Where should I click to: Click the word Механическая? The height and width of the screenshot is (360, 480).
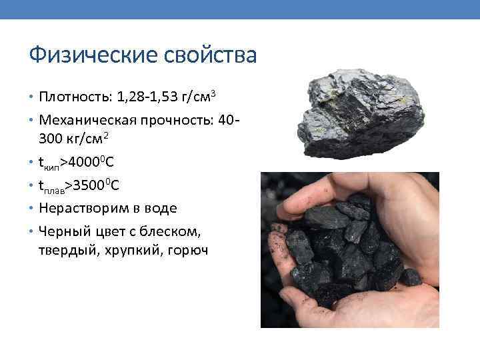point(89,120)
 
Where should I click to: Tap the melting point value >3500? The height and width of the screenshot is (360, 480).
point(84,184)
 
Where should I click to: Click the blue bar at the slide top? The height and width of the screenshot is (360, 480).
point(240,9)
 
